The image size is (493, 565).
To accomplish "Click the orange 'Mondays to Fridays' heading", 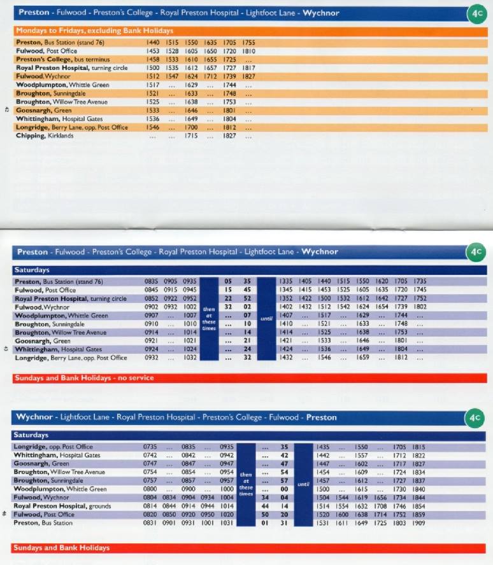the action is point(94,31).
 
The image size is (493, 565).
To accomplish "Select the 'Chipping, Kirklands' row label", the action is point(45,136).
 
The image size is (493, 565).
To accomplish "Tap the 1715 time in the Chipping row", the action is point(191,136).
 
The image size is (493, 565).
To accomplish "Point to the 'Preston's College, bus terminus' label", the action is point(63,59).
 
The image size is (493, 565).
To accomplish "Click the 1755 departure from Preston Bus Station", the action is point(248,43).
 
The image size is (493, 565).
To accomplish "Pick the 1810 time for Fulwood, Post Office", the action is point(248,51).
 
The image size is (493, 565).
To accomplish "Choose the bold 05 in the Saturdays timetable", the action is point(228,281).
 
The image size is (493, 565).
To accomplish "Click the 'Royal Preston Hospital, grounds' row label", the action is point(62,506).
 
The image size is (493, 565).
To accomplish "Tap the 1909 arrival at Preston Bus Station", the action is point(418,523).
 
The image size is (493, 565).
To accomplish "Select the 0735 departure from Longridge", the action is point(150,447).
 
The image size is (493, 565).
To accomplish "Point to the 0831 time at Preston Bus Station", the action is point(150,523).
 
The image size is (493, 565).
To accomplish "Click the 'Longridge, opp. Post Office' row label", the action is point(53,447).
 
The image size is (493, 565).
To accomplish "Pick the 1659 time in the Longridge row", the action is point(363,358).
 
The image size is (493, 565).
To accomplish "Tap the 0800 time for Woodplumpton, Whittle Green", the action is point(150,489).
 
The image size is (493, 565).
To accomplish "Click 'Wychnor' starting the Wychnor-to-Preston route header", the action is point(34,417).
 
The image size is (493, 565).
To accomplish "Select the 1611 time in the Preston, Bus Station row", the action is point(342,523).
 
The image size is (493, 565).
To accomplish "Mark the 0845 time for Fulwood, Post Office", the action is point(152,289).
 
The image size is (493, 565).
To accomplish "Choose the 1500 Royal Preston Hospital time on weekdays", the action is point(153,68).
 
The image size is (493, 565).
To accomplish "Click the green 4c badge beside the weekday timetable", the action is point(477,14).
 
